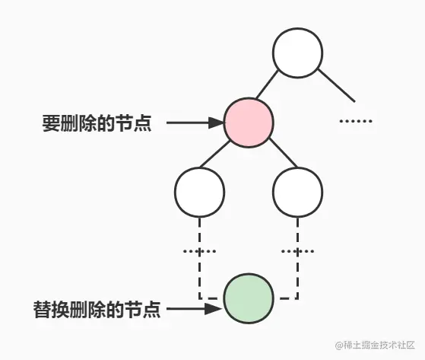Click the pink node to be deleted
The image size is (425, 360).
[x=249, y=122]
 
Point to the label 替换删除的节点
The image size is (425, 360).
[x=97, y=310]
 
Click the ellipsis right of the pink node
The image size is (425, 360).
[x=354, y=122]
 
